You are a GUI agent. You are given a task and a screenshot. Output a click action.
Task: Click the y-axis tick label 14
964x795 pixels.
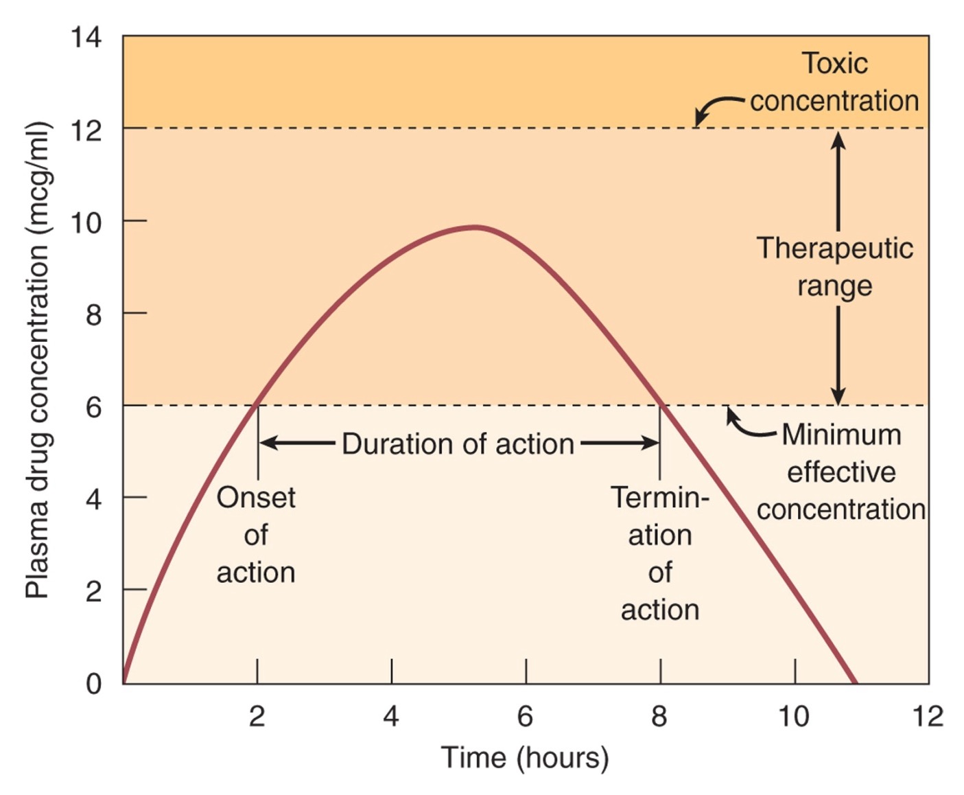click(x=86, y=37)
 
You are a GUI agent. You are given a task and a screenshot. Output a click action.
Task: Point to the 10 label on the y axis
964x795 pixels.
click(x=86, y=222)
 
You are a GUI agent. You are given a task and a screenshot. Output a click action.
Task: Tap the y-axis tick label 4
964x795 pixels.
click(x=93, y=498)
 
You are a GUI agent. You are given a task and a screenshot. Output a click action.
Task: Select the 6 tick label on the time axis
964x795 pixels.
click(x=525, y=716)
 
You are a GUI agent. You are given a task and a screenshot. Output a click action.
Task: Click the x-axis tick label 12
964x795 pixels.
click(x=928, y=716)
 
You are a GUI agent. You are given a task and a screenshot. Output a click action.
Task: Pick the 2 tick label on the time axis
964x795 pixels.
click(x=257, y=716)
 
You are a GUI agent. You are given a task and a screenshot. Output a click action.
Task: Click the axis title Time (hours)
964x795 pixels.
click(x=525, y=757)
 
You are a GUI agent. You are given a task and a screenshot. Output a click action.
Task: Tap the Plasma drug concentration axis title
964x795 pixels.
click(x=37, y=360)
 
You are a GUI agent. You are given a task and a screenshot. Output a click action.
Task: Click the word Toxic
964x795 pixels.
click(x=835, y=64)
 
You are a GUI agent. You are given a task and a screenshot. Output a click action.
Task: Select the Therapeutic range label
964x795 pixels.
click(x=835, y=267)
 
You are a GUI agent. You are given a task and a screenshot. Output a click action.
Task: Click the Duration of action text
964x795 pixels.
click(x=458, y=444)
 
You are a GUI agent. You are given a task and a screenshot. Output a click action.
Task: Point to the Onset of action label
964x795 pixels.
click(x=256, y=535)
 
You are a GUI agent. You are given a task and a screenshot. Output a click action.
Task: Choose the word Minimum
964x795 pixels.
click(x=841, y=435)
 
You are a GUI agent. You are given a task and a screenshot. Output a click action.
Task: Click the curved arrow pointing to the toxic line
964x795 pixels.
click(x=717, y=106)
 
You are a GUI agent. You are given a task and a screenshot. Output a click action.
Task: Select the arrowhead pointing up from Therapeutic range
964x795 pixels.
click(x=838, y=139)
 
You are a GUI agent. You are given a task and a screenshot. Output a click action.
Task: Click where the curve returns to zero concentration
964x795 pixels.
click(x=855, y=682)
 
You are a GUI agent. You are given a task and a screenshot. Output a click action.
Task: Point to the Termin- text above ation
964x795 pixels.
click(x=660, y=498)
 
